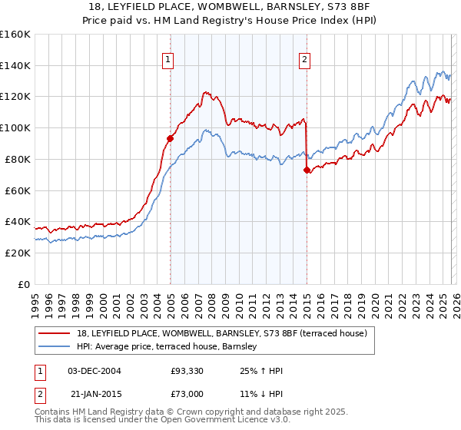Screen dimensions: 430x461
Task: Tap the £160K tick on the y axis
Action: (x=15, y=35)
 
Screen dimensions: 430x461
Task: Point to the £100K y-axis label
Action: (x=15, y=128)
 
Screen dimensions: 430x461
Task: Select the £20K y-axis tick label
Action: (x=18, y=253)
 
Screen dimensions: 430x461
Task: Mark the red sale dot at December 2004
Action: (x=170, y=138)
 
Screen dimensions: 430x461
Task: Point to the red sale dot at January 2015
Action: (x=307, y=170)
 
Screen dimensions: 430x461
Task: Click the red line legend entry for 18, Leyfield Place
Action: (x=223, y=333)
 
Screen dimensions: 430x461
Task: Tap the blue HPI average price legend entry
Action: (x=181, y=348)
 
